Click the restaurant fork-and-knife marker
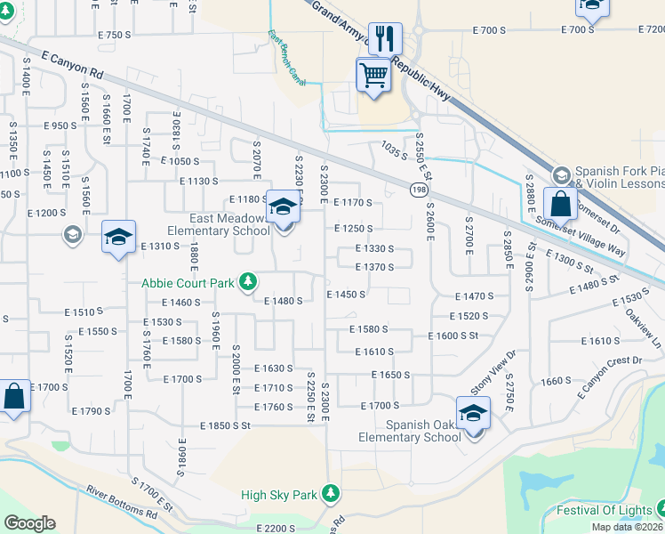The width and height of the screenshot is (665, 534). pyautogui.click(x=384, y=38)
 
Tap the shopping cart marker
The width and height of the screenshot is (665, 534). pyautogui.click(x=374, y=75)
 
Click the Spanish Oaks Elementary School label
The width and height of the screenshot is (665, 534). pyautogui.click(x=410, y=431)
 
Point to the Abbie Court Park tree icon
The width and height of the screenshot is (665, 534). pyautogui.click(x=249, y=282)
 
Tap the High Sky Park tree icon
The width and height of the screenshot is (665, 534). pyautogui.click(x=331, y=493)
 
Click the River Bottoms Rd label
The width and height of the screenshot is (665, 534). pyautogui.click(x=122, y=502)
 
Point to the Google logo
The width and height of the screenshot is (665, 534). pyautogui.click(x=29, y=523)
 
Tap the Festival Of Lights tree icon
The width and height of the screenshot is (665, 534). pyautogui.click(x=659, y=510)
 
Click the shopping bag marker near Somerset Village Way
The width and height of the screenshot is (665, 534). pyautogui.click(x=561, y=204)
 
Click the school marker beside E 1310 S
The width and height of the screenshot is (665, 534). pyautogui.click(x=118, y=238)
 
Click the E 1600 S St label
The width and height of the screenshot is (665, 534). pyautogui.click(x=453, y=336)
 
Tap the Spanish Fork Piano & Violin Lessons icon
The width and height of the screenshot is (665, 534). pyautogui.click(x=561, y=174)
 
